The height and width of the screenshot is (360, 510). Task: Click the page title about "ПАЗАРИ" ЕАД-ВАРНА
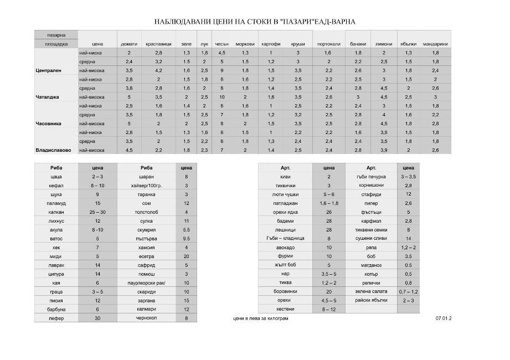[x=255, y=22]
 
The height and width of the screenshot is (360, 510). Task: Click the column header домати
[x=128, y=44]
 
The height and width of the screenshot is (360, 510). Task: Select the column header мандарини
[x=435, y=44]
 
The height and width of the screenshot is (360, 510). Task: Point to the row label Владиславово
[x=53, y=150]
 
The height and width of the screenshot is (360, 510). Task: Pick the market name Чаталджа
[x=48, y=97]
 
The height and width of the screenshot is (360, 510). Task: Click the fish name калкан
[x=56, y=212]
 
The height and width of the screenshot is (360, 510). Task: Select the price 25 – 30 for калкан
[x=97, y=212]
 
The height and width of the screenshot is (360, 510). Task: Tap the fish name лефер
[x=56, y=318]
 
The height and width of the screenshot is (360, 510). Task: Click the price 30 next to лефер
[x=97, y=318]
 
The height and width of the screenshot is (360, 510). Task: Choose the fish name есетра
[x=146, y=256]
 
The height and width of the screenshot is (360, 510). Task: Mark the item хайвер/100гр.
[x=146, y=186]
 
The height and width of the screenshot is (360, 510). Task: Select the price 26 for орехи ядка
[x=328, y=212]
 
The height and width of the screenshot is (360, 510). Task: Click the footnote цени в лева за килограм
[x=261, y=319]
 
